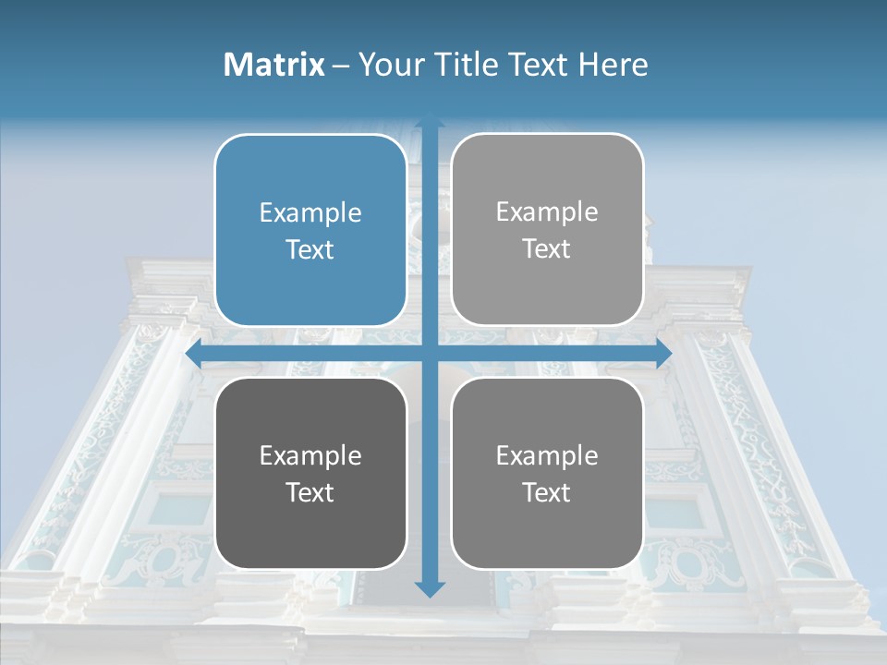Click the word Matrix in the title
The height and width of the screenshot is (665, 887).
pyautogui.click(x=274, y=65)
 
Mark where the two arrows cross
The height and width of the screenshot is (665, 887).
pyautogui.click(x=429, y=354)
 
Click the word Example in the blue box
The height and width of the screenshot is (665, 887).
pyautogui.click(x=310, y=213)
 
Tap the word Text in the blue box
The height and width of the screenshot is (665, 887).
pyautogui.click(x=310, y=250)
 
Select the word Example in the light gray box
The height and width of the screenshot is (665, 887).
pyautogui.click(x=547, y=212)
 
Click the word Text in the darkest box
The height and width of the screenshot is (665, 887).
pyautogui.click(x=310, y=493)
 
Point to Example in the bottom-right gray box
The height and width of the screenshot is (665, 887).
pyautogui.click(x=547, y=455)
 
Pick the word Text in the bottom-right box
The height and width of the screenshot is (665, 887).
pyautogui.click(x=547, y=493)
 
